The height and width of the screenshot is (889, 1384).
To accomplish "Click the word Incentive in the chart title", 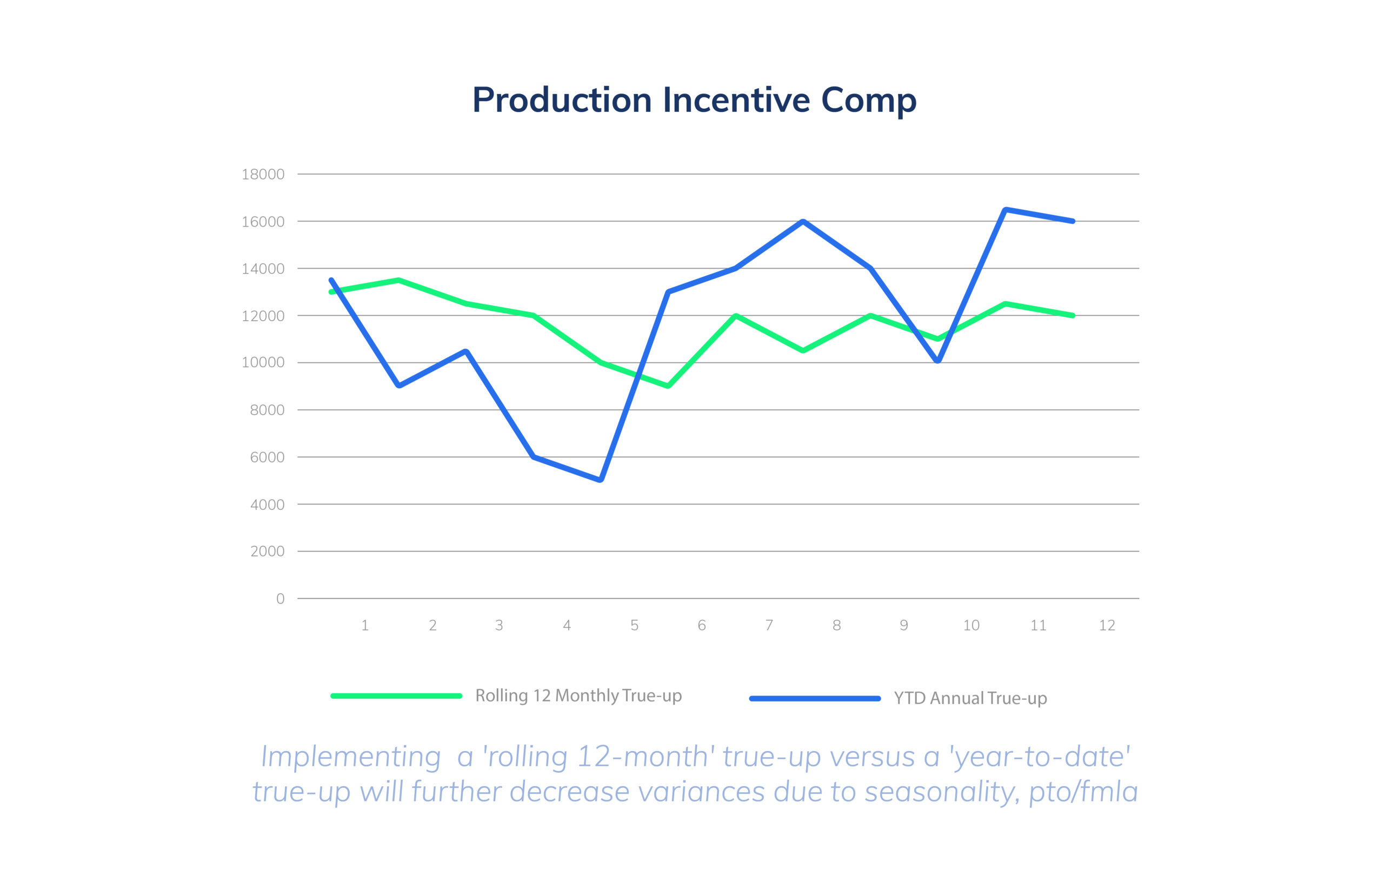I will coord(736,101).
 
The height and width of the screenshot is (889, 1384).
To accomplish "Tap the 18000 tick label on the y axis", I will coord(263,174).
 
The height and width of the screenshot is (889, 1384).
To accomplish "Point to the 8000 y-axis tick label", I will coord(267,410).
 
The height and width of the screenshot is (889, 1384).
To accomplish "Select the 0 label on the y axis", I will coord(280,599).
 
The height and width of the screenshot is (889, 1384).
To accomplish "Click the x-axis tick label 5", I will coord(634,625).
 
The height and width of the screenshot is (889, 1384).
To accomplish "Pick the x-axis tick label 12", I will coord(1107,625).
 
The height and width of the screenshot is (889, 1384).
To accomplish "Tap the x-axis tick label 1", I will coord(365,625).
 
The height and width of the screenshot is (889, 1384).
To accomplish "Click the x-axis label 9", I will coord(903,625).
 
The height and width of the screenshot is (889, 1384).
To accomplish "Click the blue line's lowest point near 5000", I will coord(600,480).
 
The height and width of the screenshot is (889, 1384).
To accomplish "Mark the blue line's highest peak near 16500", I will coord(1005,210).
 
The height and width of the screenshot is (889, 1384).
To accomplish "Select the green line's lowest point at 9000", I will coord(668,386).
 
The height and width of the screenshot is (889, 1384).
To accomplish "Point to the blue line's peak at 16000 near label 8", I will coord(803,222).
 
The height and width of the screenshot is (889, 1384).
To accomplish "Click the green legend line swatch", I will coord(396,695).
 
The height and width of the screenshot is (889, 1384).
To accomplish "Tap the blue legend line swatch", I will coord(814,699).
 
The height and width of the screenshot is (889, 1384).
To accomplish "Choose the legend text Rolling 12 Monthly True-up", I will coord(578,695).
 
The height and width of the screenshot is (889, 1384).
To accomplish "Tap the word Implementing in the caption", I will coord(351,757).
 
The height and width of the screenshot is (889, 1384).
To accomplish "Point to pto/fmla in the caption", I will coord(1083,792).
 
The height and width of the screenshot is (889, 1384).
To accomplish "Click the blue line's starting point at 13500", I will coord(331,281).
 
